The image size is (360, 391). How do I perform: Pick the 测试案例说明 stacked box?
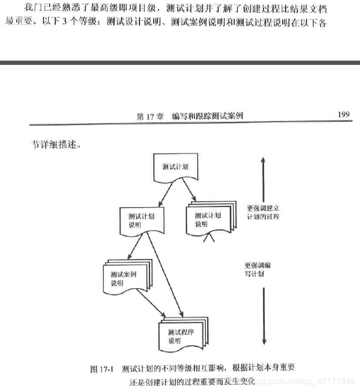point(125,278)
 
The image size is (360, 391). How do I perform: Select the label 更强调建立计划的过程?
point(263,212)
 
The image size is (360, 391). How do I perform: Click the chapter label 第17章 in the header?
point(150,116)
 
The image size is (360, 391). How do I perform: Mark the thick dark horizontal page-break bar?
point(180,63)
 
